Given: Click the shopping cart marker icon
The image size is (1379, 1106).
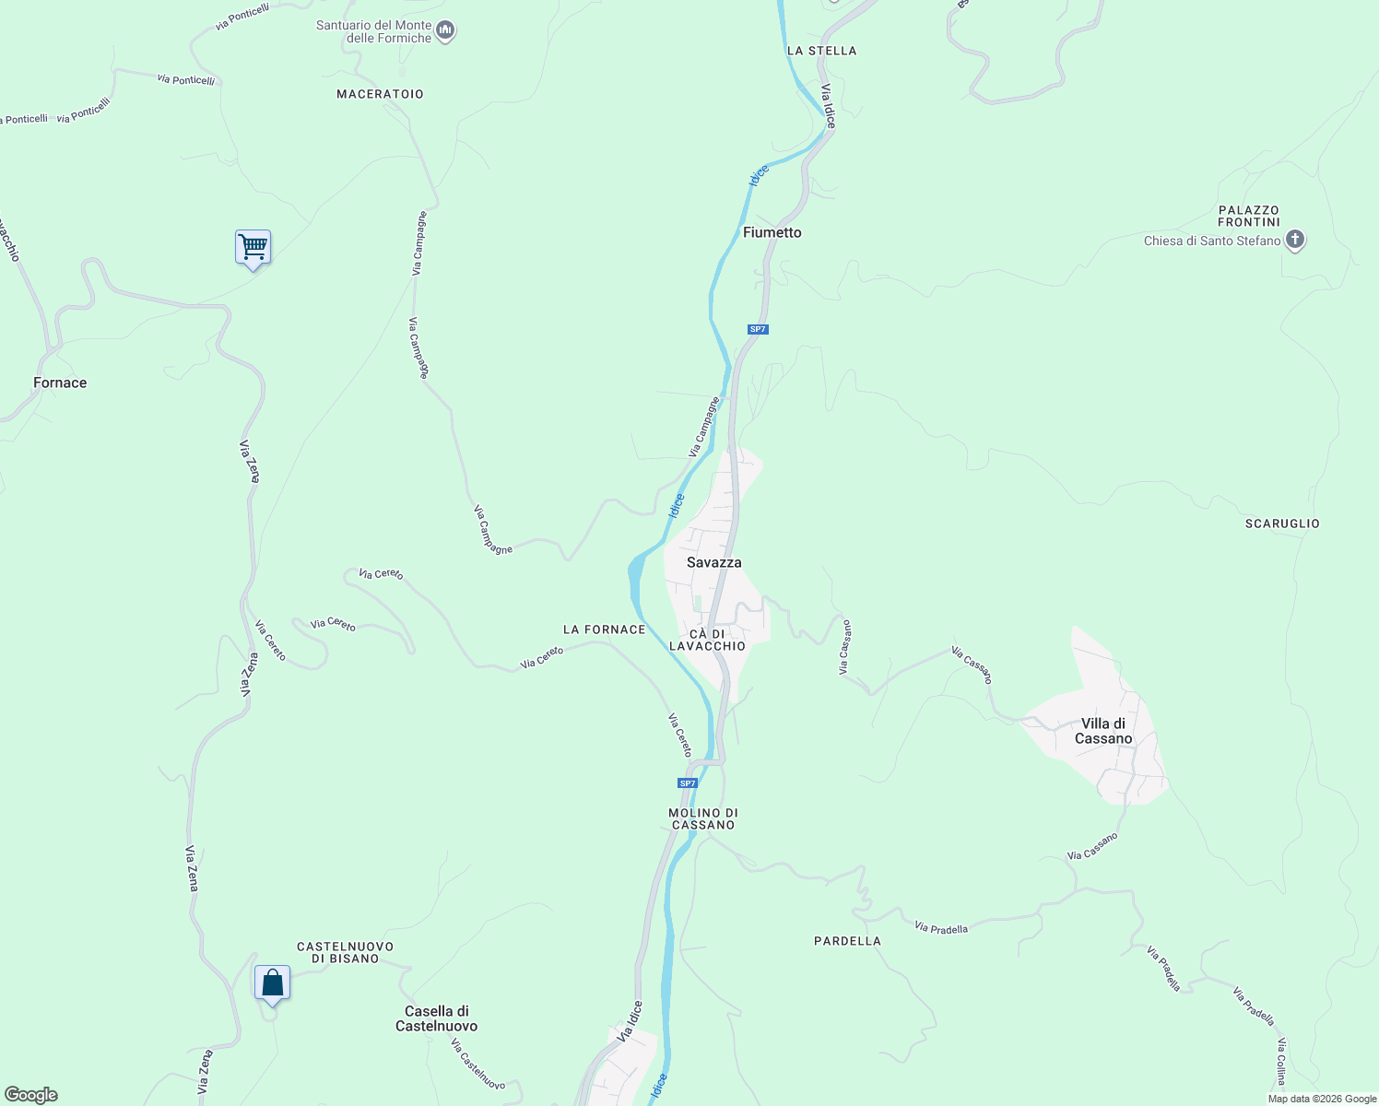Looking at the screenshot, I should point(253,247).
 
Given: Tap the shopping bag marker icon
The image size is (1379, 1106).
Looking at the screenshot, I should point(272,982).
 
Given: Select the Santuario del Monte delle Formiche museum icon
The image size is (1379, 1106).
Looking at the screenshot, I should point(445,32).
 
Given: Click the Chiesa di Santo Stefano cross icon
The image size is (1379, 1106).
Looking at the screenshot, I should point(1295,241).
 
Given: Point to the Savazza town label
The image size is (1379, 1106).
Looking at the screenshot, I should point(713,562).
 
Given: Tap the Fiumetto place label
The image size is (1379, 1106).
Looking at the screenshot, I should point(772,232).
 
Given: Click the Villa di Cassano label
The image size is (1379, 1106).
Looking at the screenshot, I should point(1103,731).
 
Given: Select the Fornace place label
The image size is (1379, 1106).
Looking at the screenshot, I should point(60,382).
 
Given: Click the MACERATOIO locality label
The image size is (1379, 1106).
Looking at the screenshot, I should point(380,94).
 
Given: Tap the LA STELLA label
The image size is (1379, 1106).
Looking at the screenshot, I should point(821,51).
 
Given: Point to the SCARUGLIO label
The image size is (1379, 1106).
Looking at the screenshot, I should point(1282,524).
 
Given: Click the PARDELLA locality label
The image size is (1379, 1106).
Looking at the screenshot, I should point(847,941).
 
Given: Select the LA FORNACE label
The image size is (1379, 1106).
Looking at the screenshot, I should point(604,629).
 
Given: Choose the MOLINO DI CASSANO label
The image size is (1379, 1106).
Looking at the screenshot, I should point(703,818).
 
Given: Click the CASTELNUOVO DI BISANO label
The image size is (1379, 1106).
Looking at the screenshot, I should point(345,952).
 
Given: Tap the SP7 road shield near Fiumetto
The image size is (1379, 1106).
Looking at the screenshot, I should point(757,329).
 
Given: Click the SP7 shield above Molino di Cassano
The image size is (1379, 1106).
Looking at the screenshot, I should point(687,783).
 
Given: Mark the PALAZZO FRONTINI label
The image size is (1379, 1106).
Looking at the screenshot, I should point(1248,216).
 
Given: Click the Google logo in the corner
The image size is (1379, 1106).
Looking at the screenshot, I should point(31,1095).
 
